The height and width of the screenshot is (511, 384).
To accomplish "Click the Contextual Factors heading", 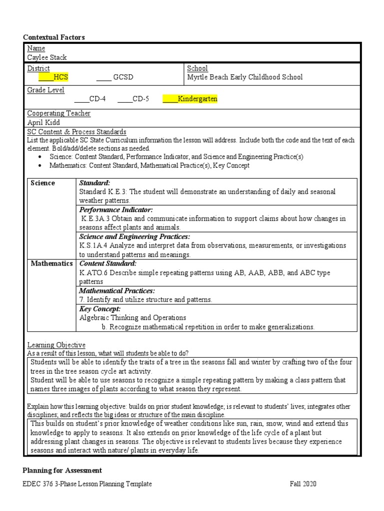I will click(x=54, y=37).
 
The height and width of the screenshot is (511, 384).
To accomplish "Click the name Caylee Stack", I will click(x=46, y=57).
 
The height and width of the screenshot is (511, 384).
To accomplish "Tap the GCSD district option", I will click(x=115, y=77).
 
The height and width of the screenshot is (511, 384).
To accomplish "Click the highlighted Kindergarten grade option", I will click(x=190, y=99).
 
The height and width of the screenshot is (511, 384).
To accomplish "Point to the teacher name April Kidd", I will click(x=43, y=122).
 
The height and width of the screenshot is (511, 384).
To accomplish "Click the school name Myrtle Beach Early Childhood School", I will click(x=244, y=77).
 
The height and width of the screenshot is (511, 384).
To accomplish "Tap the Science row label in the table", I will click(x=43, y=183).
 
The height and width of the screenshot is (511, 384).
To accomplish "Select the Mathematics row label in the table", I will click(x=51, y=263).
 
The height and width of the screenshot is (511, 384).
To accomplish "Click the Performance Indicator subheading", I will click(x=116, y=210).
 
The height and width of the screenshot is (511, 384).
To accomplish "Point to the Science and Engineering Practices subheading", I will click(x=134, y=237).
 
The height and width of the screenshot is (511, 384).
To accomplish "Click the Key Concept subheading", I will click(x=100, y=309).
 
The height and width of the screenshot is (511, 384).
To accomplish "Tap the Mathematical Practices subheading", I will click(x=117, y=290).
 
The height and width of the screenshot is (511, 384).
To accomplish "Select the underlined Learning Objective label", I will click(x=56, y=345).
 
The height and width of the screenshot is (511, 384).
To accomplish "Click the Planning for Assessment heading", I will click(x=62, y=470).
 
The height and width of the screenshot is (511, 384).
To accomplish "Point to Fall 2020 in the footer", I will click(x=303, y=484).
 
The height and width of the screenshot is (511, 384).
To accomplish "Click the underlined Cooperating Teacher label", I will click(x=58, y=113).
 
